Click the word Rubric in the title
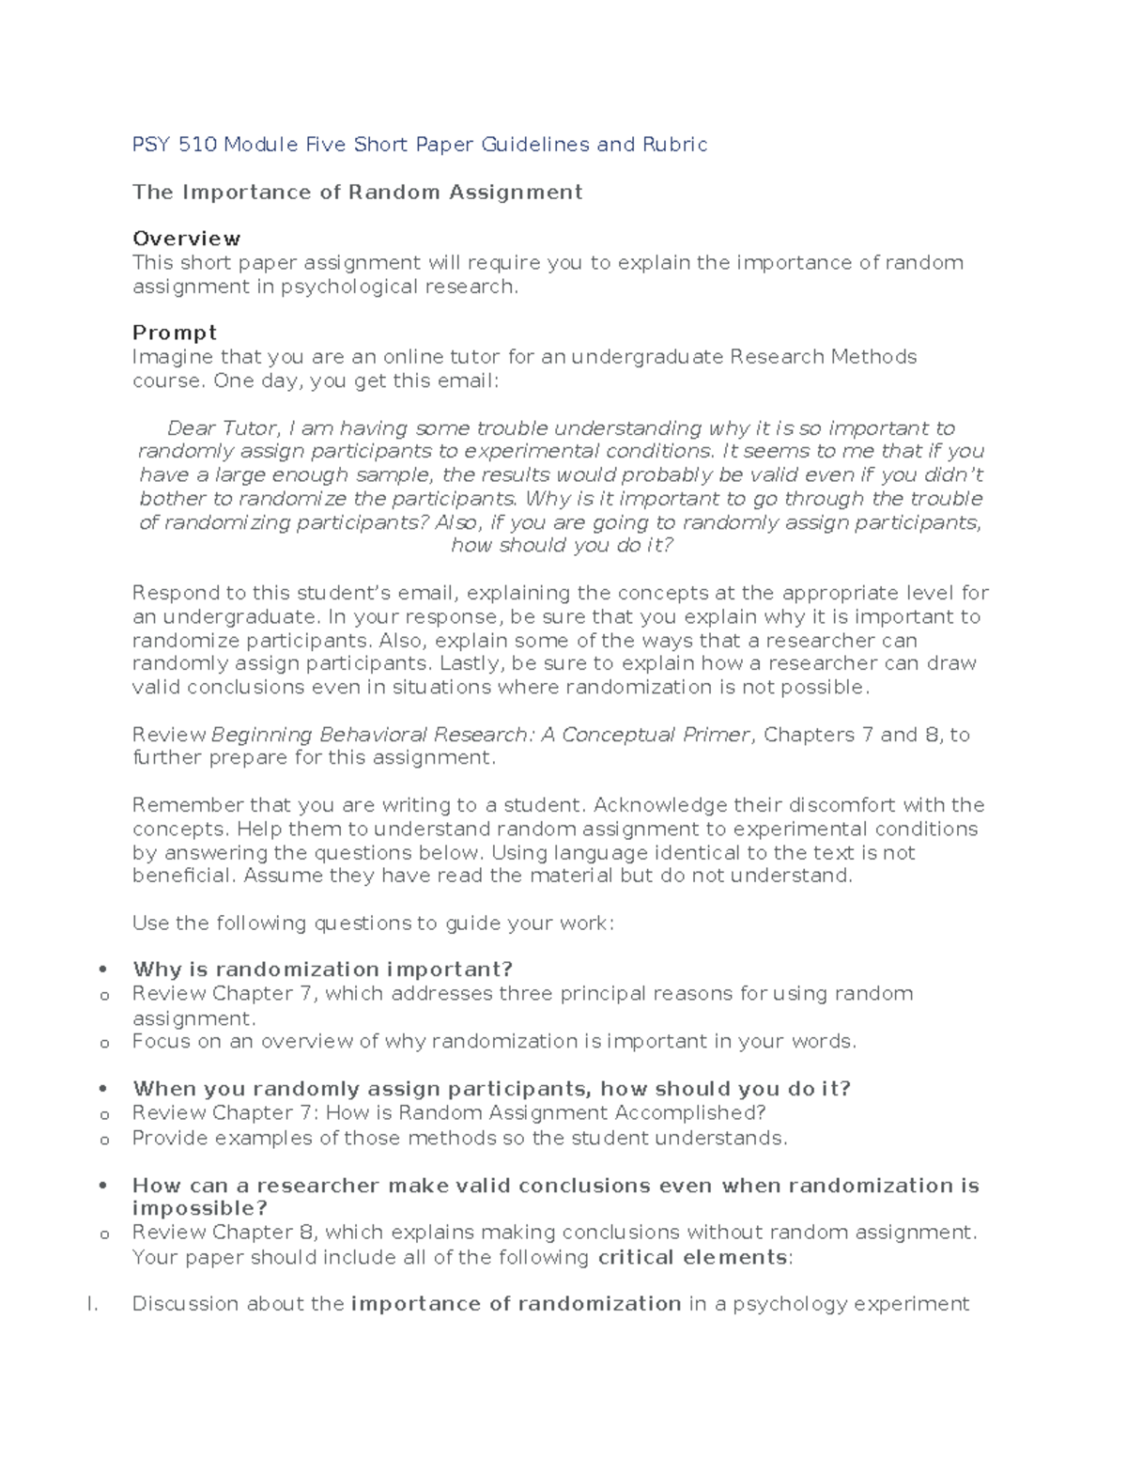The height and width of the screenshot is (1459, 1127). [674, 145]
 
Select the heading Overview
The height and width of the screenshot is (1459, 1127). [186, 239]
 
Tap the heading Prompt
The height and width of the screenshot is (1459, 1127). [175, 333]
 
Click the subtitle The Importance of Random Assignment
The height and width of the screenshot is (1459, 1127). [357, 193]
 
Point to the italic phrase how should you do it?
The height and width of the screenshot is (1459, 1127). [562, 546]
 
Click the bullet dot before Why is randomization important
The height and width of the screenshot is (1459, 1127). [103, 970]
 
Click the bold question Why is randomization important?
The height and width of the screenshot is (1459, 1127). [322, 970]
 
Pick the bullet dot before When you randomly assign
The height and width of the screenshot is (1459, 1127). [103, 1089]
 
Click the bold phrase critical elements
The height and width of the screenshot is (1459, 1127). [692, 1257]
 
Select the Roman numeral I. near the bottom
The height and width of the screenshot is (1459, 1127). [92, 1304]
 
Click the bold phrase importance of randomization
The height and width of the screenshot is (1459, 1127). [516, 1304]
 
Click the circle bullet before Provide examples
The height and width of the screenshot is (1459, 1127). [104, 1140]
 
